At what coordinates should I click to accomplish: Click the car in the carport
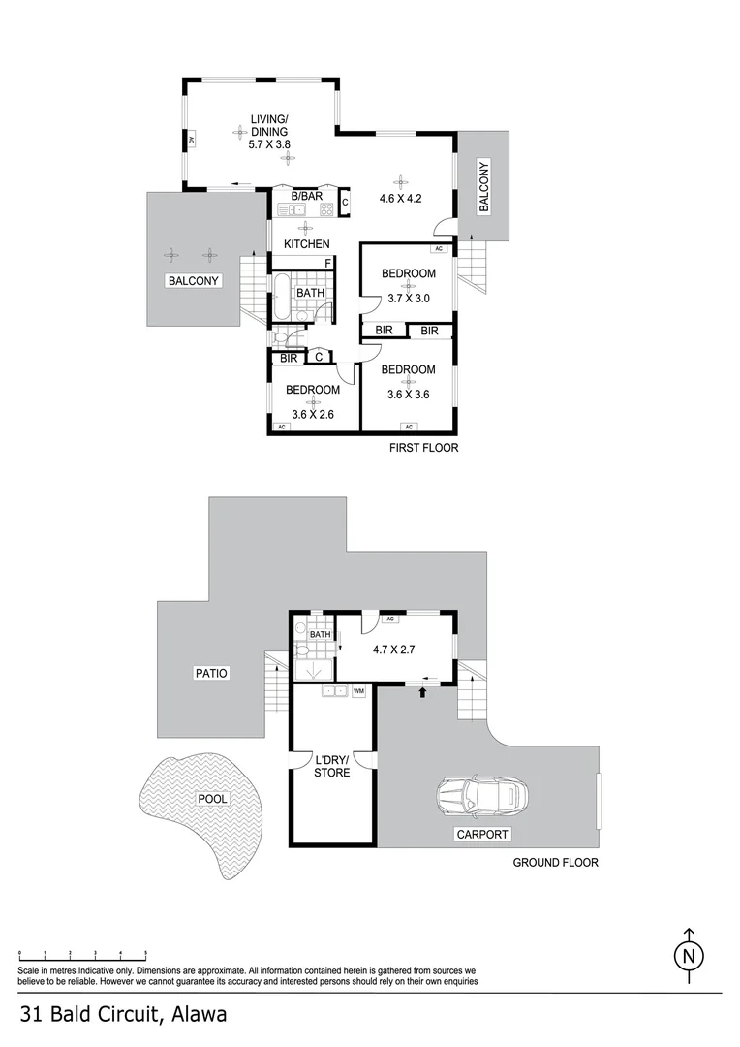click(x=481, y=798)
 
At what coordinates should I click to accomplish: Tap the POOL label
click(x=212, y=800)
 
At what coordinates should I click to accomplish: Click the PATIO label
click(x=210, y=672)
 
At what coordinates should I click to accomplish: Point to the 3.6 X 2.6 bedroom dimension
click(x=312, y=414)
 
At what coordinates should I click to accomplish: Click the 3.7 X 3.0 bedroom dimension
click(x=408, y=299)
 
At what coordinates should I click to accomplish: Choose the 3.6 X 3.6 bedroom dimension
click(x=408, y=394)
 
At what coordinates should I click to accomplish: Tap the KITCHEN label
click(x=306, y=244)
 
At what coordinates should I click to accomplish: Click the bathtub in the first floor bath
click(x=281, y=298)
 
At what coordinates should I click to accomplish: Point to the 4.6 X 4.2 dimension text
click(x=401, y=199)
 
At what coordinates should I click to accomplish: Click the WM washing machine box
click(x=358, y=691)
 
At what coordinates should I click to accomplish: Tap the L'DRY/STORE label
click(x=331, y=765)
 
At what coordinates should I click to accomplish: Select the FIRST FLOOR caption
click(x=422, y=448)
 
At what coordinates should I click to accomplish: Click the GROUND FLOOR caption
click(x=555, y=862)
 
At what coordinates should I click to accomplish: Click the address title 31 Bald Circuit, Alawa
click(x=123, y=1015)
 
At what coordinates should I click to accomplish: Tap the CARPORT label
click(x=485, y=834)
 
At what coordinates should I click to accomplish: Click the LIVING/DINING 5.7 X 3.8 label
click(x=270, y=132)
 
